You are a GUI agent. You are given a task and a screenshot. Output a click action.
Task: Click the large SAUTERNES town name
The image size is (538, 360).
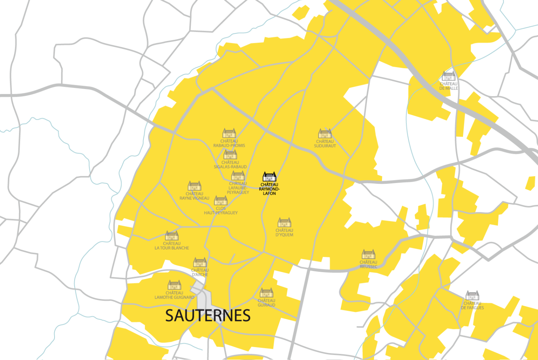tap(208, 315)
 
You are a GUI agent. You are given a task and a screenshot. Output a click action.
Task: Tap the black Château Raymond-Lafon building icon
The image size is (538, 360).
tap(269, 177)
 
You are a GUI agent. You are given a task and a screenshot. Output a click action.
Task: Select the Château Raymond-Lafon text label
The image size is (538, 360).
tap(269, 189)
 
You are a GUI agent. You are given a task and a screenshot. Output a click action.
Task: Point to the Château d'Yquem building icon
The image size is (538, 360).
tap(284, 222)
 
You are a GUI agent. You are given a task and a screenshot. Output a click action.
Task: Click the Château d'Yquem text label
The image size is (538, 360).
tap(284, 232)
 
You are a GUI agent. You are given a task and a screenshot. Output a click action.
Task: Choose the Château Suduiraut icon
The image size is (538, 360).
tap(325, 133)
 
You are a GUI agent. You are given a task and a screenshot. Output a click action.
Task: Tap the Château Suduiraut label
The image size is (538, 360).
tap(325, 144)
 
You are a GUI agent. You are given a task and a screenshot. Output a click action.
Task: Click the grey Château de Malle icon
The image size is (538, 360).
tap(449, 76)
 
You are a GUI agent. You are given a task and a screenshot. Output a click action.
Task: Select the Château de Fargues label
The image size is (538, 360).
tap(472, 305)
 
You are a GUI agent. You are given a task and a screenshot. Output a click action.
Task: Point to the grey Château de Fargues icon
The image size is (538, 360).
tap(472, 295)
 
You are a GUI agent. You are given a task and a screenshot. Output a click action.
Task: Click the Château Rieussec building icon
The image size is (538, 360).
tap(368, 254)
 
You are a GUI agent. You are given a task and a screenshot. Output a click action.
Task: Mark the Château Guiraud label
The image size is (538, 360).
tap(267, 303)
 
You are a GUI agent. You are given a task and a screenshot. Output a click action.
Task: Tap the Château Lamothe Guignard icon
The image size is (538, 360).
tap(174, 285)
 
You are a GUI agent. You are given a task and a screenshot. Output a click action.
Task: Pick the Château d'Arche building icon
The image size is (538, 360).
tap(200, 262)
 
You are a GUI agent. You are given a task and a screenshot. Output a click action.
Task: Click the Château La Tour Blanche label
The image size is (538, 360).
tap(172, 246)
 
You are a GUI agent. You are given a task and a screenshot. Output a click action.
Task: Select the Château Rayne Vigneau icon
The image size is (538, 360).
tap(194, 186)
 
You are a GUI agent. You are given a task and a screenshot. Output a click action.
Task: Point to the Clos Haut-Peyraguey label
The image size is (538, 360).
tap(221, 211)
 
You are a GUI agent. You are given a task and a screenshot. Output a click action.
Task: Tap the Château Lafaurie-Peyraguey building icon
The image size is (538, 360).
tap(238, 175)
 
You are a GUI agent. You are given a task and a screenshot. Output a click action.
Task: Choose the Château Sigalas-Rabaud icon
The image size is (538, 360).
tap(230, 154)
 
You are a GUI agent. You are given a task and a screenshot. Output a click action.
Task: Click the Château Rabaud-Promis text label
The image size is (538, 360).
tap(229, 143)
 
